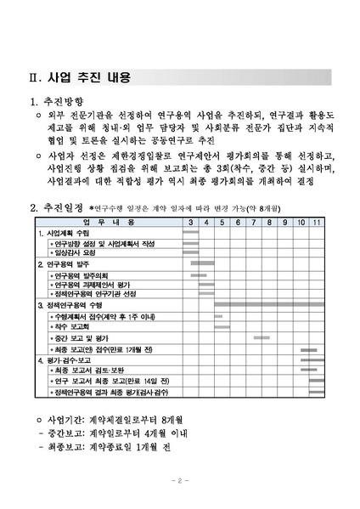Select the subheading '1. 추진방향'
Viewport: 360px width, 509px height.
coord(57,103)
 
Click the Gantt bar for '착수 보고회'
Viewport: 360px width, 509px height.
coord(222,327)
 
